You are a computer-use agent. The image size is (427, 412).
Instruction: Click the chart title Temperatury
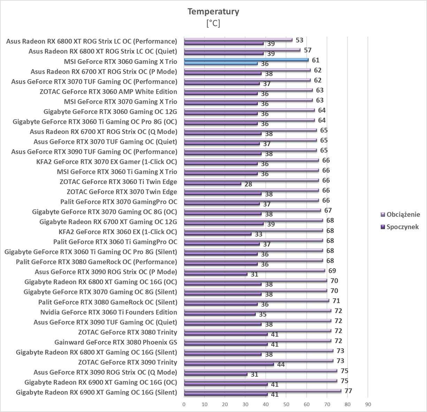click(213, 12)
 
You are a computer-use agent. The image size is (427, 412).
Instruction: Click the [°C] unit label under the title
click(213, 23)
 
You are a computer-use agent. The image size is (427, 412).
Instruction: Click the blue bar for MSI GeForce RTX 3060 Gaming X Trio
click(246, 60)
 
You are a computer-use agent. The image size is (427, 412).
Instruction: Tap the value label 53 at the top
click(299, 40)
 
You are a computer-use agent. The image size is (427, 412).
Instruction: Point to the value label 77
click(348, 391)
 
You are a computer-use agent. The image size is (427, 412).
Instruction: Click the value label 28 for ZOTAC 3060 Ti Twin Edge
click(248, 184)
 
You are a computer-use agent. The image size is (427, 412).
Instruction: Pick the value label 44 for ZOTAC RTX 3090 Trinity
click(281, 365)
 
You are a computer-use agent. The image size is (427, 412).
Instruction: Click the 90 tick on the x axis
click(368, 405)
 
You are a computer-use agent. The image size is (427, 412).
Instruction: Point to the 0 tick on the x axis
click(184, 405)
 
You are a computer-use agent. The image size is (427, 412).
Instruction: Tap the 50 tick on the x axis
click(286, 405)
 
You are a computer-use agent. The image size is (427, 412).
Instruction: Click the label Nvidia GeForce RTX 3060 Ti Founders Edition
click(108, 312)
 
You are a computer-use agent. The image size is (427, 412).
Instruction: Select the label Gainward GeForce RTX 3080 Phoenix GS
click(115, 342)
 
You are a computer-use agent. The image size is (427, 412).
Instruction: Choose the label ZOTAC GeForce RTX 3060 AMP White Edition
click(108, 92)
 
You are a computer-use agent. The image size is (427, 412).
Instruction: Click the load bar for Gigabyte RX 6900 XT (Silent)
click(262, 391)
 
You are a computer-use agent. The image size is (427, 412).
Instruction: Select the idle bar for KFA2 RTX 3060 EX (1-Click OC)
click(218, 234)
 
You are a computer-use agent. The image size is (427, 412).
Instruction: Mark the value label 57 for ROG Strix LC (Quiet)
click(307, 50)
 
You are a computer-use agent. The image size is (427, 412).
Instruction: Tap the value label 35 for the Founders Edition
click(262, 315)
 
